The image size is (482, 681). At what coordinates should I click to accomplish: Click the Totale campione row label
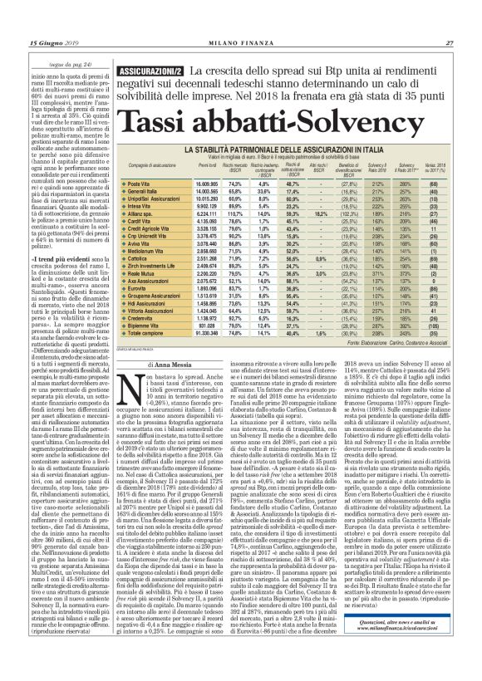[144, 359]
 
